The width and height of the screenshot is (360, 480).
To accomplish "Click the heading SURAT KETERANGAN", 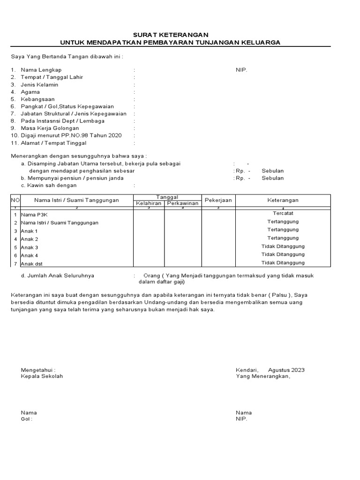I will (x=171, y=35).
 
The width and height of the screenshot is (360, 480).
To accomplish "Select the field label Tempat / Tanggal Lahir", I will (x=52, y=77).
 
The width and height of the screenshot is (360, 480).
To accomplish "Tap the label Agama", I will (x=30, y=92).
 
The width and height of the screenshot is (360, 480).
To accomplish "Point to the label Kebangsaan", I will (x=37, y=99).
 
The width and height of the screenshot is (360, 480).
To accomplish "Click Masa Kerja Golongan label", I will (x=50, y=128).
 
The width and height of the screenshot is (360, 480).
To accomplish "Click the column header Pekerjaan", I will (x=218, y=200).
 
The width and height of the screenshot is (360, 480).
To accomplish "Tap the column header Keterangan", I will (x=283, y=200).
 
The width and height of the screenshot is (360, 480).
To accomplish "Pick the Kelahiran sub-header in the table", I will (x=149, y=203).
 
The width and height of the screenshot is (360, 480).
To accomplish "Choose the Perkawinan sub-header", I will (x=183, y=203).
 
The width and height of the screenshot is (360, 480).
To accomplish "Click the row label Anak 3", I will (x=30, y=247).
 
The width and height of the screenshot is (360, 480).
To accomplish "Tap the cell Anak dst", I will (x=31, y=264).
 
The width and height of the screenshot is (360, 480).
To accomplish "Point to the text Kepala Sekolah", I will (x=42, y=376).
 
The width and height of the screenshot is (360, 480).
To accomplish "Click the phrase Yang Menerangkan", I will (x=263, y=376).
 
